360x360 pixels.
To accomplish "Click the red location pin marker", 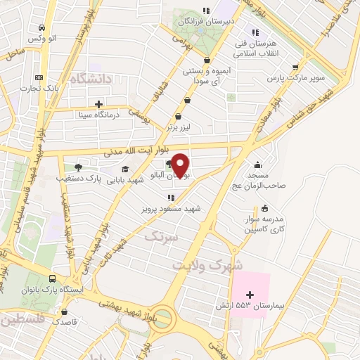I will tap(180, 164).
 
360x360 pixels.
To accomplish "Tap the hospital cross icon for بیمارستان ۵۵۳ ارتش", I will tap(248, 293).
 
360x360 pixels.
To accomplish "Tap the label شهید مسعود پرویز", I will tap(169, 209).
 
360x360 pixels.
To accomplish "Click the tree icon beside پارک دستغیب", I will tap(78, 167).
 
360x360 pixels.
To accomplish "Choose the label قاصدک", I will tap(73, 320).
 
